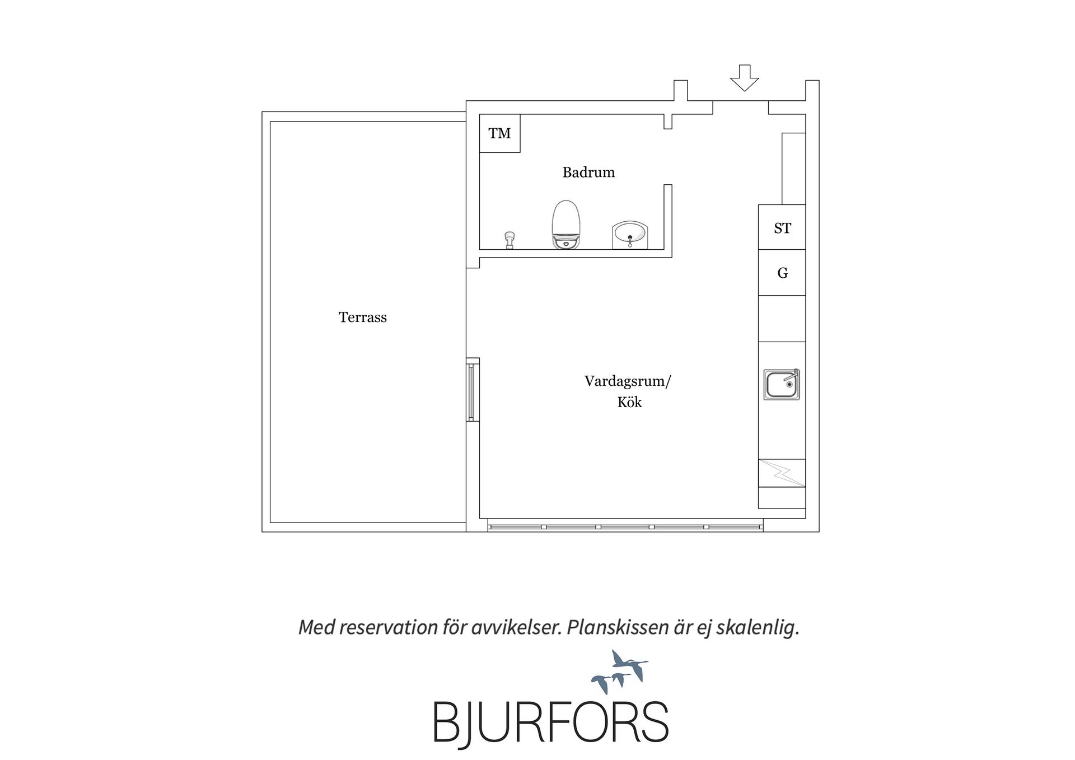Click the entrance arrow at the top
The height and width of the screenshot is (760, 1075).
(744, 78)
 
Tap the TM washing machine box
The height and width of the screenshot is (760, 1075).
(500, 133)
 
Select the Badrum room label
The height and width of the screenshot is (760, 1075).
(588, 172)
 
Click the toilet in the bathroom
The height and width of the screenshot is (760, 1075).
(566, 225)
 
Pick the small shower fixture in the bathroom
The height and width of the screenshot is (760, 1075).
(510, 240)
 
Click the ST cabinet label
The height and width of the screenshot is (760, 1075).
(782, 228)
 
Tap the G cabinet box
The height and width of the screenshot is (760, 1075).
(782, 273)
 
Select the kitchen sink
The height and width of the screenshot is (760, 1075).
(782, 384)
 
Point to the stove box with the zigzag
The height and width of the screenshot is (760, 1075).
(782, 473)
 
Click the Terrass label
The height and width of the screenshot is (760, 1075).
(363, 318)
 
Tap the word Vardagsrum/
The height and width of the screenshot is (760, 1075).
(628, 382)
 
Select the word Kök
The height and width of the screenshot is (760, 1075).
(630, 402)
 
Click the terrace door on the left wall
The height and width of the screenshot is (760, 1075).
(473, 389)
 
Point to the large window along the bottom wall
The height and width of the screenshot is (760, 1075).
(625, 526)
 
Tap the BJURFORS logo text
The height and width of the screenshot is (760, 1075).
(551, 721)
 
